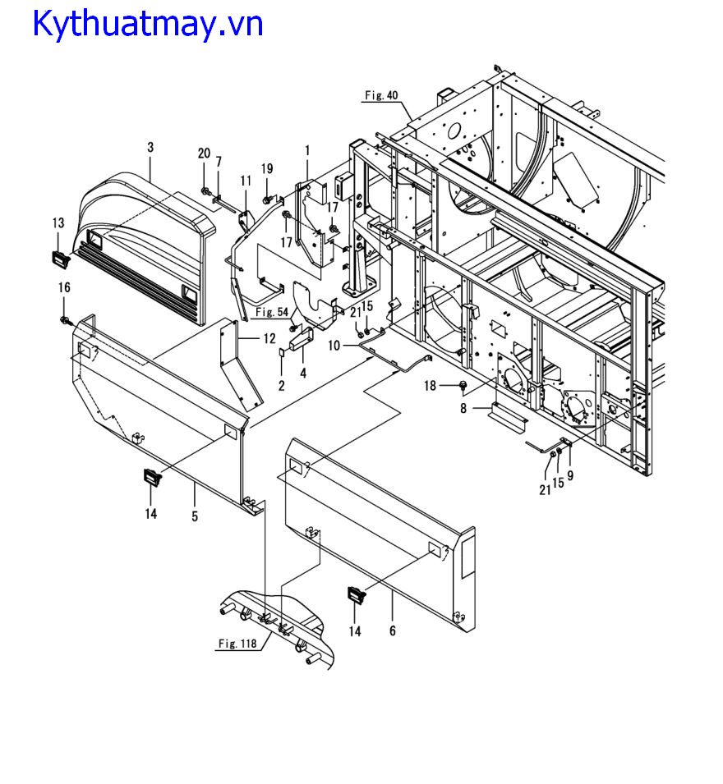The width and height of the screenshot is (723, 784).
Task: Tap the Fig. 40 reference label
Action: pyautogui.click(x=381, y=95)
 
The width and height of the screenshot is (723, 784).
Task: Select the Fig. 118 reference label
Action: pyautogui.click(x=237, y=644)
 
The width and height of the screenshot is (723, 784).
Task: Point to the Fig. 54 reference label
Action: pyautogui.click(x=272, y=312)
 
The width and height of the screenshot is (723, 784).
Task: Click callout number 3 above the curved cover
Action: pyautogui.click(x=150, y=147)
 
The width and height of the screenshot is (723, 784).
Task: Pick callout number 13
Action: pyautogui.click(x=58, y=223)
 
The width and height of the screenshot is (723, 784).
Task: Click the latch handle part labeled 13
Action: pyautogui.click(x=61, y=259)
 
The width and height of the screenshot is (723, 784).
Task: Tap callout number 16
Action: pyautogui.click(x=64, y=287)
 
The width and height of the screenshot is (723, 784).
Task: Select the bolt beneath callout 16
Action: pyautogui.click(x=65, y=320)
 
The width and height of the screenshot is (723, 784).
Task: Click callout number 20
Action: pyautogui.click(x=204, y=154)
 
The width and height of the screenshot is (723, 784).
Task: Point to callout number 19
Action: pyautogui.click(x=267, y=168)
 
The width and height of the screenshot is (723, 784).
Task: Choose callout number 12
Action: pyautogui.click(x=269, y=338)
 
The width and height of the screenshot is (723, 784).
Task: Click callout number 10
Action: pyautogui.click(x=334, y=346)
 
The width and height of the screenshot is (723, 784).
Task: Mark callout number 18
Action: pyautogui.click(x=431, y=386)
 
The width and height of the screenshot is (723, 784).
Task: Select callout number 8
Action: pyautogui.click(x=463, y=409)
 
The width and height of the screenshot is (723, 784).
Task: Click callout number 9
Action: pyautogui.click(x=570, y=475)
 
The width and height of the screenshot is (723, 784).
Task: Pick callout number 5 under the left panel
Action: pyautogui.click(x=195, y=516)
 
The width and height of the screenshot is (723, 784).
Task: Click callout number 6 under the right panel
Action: pyautogui.click(x=392, y=631)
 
